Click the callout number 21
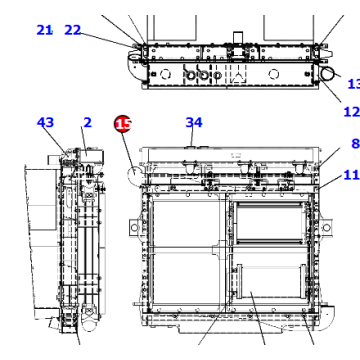(x=44, y=30)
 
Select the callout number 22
(x=73, y=30)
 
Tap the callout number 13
(x=352, y=84)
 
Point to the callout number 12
(x=351, y=111)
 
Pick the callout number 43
(x=45, y=123)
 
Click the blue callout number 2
(x=87, y=123)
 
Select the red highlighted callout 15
(x=122, y=124)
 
